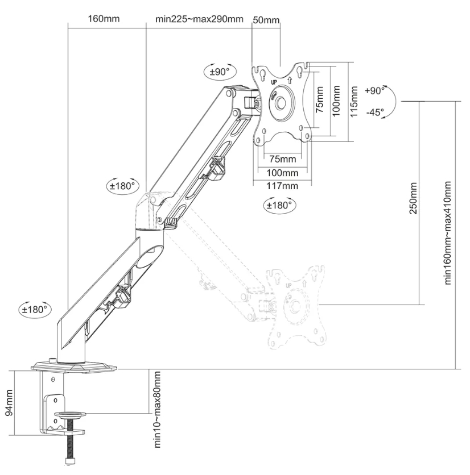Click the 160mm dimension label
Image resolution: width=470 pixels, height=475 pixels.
click(x=104, y=19)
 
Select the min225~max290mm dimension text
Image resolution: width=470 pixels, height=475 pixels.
click(x=199, y=19)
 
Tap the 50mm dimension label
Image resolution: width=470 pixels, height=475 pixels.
click(x=266, y=20)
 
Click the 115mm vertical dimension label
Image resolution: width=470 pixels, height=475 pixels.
click(x=353, y=101)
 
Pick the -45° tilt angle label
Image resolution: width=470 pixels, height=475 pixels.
click(x=375, y=112)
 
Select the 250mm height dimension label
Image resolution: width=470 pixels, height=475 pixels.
click(x=414, y=198)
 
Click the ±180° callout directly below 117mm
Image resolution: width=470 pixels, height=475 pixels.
click(x=279, y=205)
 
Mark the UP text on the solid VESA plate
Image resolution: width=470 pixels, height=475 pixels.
click(x=274, y=83)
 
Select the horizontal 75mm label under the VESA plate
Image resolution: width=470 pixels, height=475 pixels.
click(x=283, y=159)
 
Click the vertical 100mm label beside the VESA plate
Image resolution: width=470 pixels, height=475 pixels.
click(x=337, y=101)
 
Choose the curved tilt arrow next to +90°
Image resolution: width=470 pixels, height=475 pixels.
click(x=392, y=102)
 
